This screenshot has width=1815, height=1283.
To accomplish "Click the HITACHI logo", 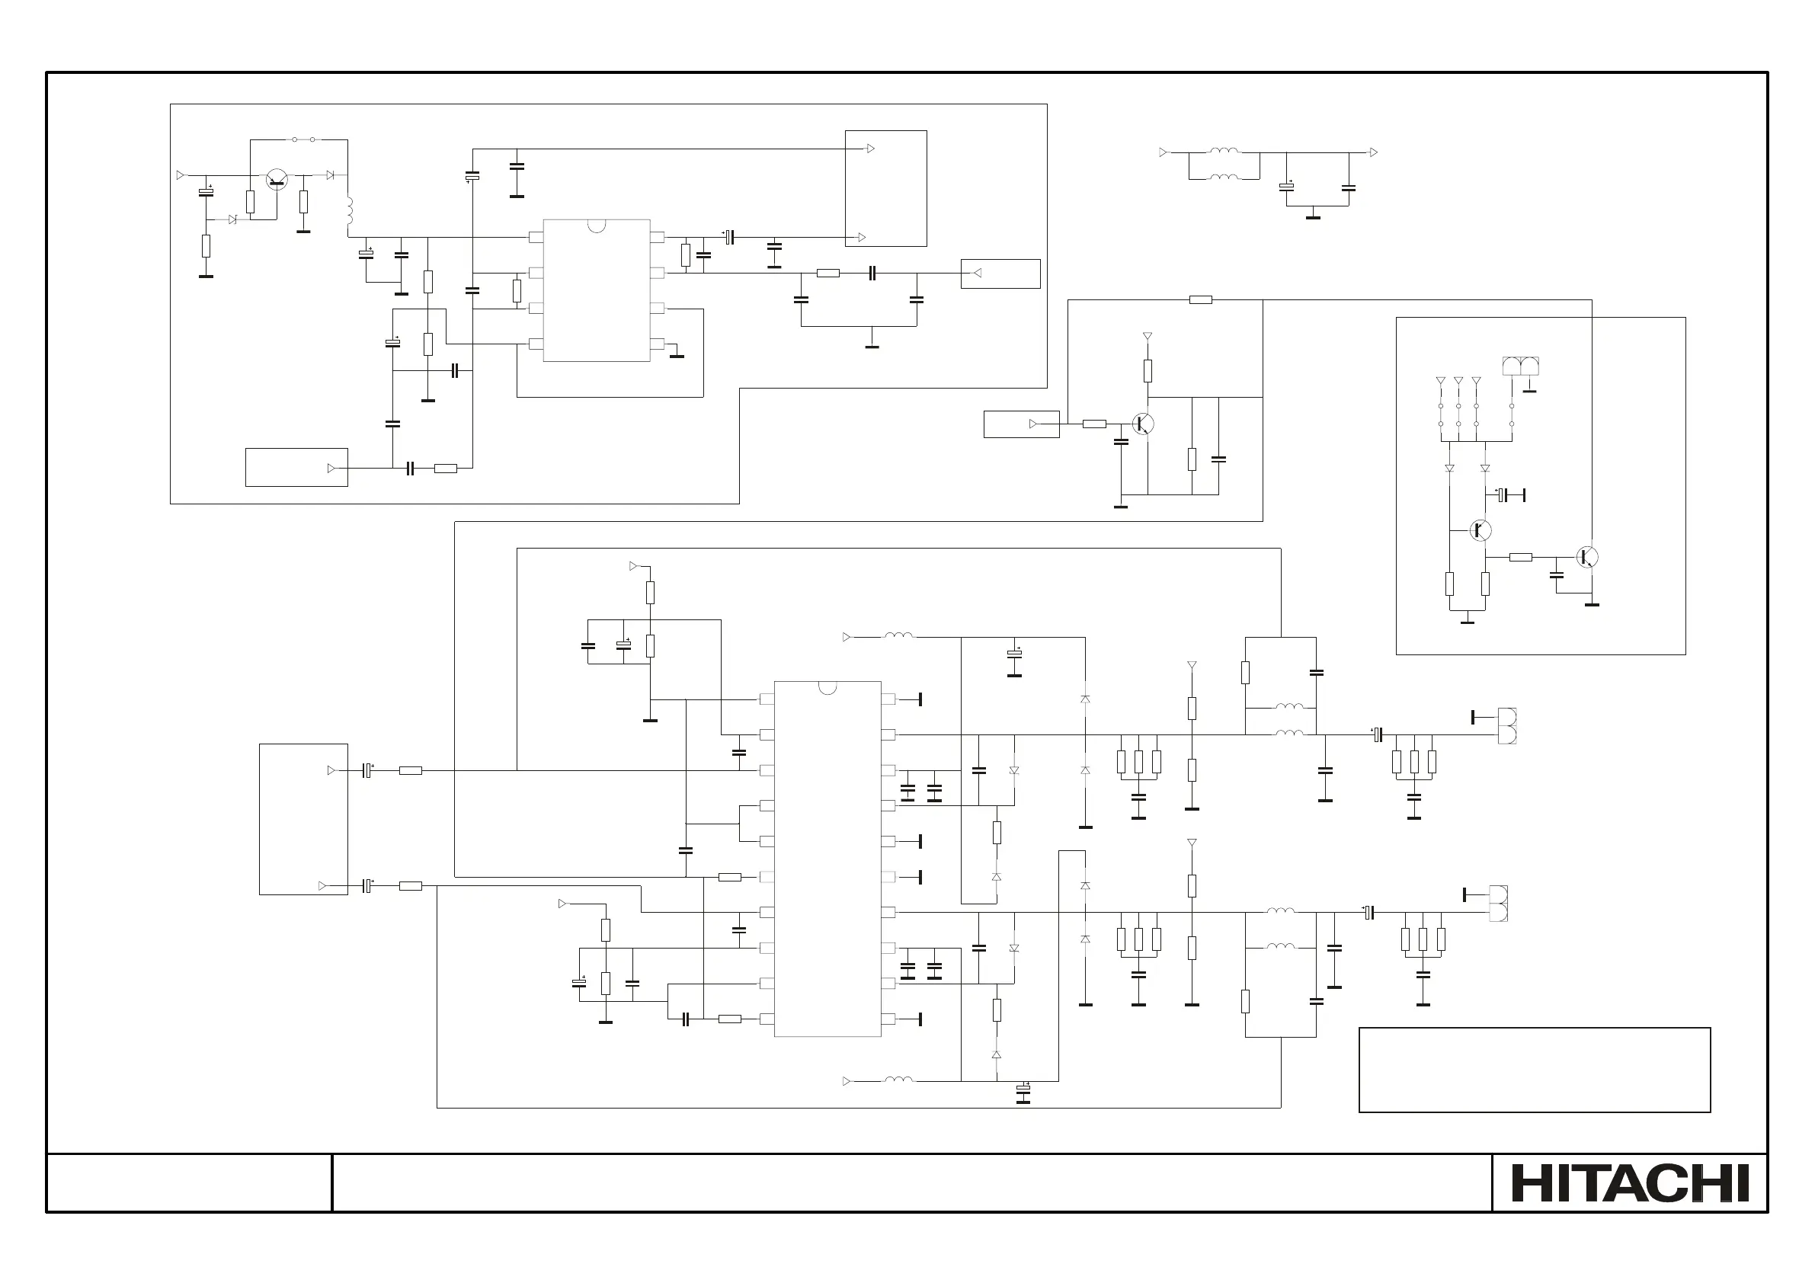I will coord(1630,1182).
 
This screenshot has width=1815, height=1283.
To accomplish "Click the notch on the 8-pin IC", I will coord(597,226).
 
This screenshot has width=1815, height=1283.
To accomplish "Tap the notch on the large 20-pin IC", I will coord(827,687).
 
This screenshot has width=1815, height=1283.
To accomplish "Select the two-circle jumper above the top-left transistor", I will coord(303,140).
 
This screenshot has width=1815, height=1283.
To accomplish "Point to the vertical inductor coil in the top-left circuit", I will coord(349,210).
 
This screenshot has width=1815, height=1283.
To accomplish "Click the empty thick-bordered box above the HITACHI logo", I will coord(1534,1070).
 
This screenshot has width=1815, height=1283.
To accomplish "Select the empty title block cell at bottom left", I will coord(189,1182).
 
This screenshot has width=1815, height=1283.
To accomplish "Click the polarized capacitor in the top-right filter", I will coord(1286,187).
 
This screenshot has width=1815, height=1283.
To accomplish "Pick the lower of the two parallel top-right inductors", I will coord(1224,177).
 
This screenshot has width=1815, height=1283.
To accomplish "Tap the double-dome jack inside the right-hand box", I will coord(1520,366).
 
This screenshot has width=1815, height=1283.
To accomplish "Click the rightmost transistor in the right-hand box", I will coord(1586,557).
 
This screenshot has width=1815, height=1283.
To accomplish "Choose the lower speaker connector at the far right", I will coord(1498,904).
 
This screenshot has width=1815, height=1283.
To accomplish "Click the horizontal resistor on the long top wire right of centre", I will coord(1200,299).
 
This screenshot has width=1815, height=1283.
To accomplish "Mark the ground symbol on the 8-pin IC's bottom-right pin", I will coord(677,355).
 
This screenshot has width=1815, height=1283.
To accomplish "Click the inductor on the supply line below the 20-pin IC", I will coord(898,1080).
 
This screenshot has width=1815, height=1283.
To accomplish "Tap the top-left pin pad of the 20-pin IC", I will coord(766,699).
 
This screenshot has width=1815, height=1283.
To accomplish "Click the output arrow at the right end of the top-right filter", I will coord(1373,152).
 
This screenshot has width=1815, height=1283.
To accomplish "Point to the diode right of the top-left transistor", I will coord(331,174).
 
